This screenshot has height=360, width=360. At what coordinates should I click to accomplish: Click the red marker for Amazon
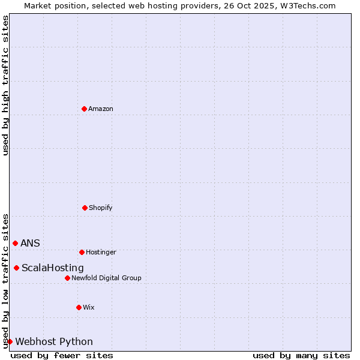point(84,109)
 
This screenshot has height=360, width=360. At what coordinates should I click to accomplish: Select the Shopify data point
point(85,208)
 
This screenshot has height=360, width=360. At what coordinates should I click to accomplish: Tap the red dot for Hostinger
point(82,252)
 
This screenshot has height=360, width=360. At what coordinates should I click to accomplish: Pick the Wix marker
point(79,307)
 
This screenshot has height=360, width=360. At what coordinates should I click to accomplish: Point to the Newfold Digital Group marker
point(67,278)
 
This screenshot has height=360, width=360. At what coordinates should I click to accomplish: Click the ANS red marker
point(15,243)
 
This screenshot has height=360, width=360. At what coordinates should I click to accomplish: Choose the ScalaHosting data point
point(16,268)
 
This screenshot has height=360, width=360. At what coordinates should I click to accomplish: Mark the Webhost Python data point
point(10,341)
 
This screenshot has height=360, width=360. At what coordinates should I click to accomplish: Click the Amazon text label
point(101,109)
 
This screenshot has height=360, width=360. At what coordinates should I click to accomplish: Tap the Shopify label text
point(101,208)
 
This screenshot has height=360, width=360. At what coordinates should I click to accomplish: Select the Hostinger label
point(101,252)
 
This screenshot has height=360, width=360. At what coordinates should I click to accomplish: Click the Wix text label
point(89,307)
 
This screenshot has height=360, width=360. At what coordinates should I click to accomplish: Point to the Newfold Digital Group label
point(106,278)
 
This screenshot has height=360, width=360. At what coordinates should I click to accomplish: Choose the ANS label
point(30,243)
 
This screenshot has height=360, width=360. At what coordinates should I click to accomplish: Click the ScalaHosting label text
point(53,268)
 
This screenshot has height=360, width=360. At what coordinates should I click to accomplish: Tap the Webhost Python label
point(54,341)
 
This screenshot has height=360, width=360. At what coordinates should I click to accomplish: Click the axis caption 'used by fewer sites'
point(62,355)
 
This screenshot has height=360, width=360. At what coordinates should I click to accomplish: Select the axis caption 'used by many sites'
point(301,355)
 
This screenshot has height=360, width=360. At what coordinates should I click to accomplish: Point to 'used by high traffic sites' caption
point(5,85)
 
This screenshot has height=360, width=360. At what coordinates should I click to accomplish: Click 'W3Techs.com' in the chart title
point(306,5)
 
